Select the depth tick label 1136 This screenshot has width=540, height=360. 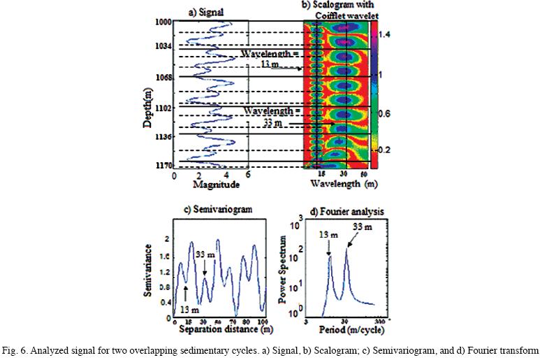(163, 138)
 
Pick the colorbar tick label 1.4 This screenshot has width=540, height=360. (384, 34)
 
